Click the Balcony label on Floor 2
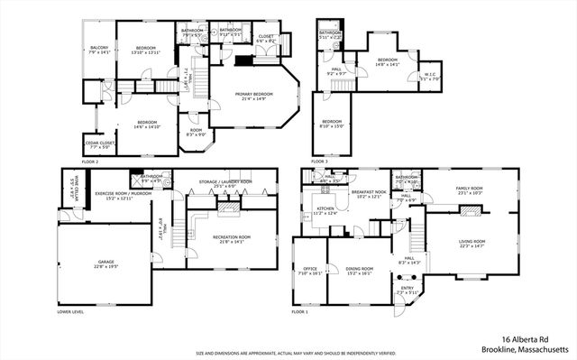[x=99, y=50]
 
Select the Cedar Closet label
[x=98, y=144]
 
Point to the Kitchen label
[x=324, y=211]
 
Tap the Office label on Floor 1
[x=308, y=271]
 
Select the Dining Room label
[x=359, y=271]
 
